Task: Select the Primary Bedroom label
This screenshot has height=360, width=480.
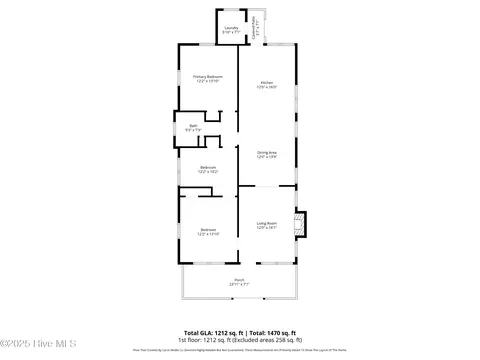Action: coord(208,76)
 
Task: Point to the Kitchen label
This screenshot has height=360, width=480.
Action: coord(267,81)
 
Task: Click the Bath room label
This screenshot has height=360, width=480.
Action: coord(193,125)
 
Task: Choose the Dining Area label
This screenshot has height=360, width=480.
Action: coord(267,151)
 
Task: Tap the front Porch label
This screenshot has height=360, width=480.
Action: coord(239,279)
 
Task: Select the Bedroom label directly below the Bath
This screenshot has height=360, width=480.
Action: coord(208,166)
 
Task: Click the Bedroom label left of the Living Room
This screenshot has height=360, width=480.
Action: coord(207,229)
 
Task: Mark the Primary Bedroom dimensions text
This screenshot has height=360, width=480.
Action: coord(208,81)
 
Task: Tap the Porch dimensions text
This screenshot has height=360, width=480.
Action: coord(239,284)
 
